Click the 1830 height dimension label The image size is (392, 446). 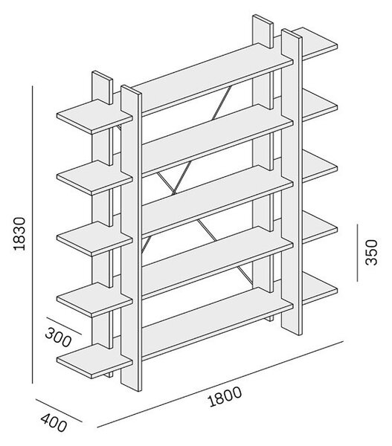[20, 233]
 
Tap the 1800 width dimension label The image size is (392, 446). [225, 396]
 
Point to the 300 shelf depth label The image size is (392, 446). [58, 337]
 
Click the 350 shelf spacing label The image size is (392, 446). [371, 252]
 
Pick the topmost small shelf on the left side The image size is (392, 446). [94, 117]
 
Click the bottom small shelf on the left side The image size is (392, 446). [94, 361]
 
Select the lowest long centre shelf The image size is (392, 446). [217, 321]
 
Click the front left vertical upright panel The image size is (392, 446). [131, 239]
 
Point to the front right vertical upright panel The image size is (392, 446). [292, 182]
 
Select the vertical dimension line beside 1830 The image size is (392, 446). [33, 235]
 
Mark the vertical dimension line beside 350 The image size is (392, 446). [357, 253]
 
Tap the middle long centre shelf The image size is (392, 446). [217, 200]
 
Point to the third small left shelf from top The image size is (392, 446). [94, 239]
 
